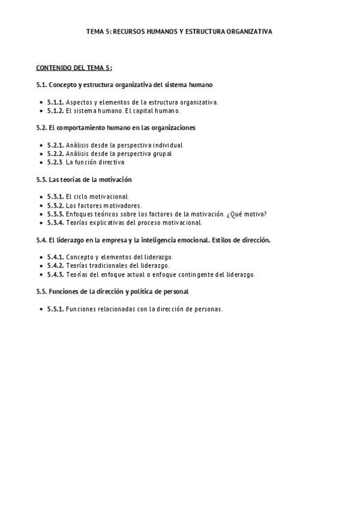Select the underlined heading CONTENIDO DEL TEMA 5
click(73, 68)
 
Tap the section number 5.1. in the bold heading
click(41, 85)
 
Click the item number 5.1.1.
click(55, 102)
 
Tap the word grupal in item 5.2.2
click(162, 154)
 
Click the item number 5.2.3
click(55, 162)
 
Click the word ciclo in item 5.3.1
click(84, 196)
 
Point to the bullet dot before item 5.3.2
click(40, 205)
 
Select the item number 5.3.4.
click(55, 222)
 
